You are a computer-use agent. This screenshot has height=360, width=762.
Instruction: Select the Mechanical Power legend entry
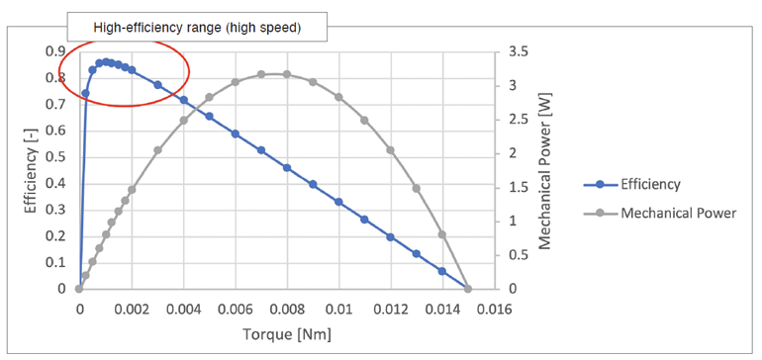click(x=677, y=213)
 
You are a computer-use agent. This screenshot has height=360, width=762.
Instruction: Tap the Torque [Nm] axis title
click(x=287, y=334)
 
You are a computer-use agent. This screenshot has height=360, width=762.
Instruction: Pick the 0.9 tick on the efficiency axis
click(x=55, y=51)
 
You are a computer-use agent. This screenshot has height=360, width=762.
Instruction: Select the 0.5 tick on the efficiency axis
click(x=55, y=157)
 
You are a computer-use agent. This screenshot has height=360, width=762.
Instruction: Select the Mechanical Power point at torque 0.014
click(x=442, y=234)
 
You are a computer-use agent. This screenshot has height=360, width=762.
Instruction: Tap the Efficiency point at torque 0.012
click(x=391, y=237)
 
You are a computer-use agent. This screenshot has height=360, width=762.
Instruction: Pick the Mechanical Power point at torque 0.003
click(x=157, y=150)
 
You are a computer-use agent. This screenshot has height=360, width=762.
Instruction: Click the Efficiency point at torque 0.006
click(x=236, y=134)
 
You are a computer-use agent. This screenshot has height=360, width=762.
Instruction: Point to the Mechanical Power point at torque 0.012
click(x=391, y=150)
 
